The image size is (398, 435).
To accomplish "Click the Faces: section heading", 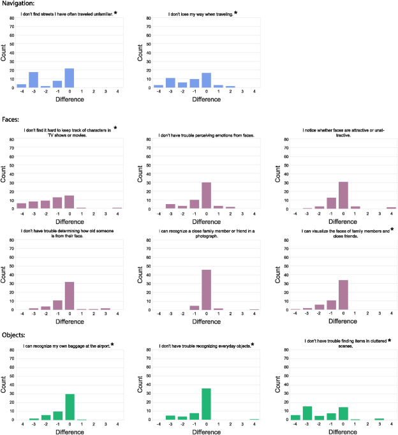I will (12, 119).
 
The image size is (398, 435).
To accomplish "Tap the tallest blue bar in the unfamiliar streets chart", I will (70, 78).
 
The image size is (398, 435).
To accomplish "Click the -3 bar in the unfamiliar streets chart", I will (33, 80).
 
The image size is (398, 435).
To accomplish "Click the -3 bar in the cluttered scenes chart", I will (307, 411).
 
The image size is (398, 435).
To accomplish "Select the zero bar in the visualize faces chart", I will (343, 294).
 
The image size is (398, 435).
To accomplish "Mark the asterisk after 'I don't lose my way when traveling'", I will (235, 13).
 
